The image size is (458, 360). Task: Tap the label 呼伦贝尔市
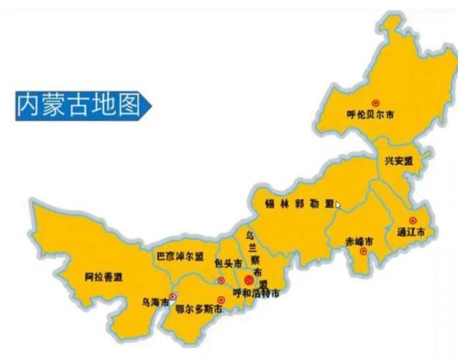[x=370, y=114]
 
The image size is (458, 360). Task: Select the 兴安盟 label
[x=398, y=161]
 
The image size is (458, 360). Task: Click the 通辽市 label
[x=411, y=232]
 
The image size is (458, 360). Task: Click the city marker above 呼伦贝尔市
[x=374, y=104]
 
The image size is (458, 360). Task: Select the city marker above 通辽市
[x=413, y=220]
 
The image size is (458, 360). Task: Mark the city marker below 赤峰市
[x=364, y=251]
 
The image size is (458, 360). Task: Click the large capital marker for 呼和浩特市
[x=249, y=279]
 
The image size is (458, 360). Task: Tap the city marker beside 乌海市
[x=173, y=296]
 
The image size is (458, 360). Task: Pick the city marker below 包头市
[x=221, y=280]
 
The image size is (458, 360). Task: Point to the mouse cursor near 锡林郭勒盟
[x=338, y=205]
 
